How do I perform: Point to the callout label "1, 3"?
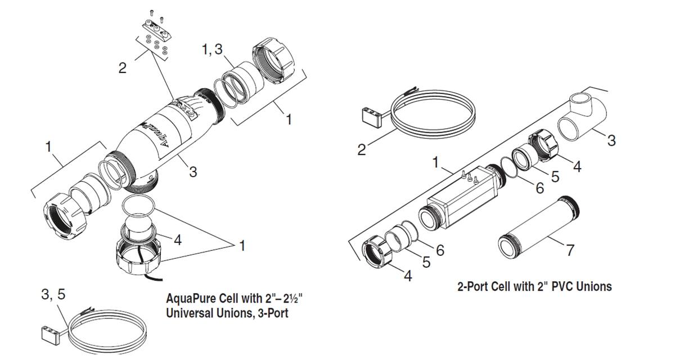[212, 49]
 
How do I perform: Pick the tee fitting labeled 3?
[582, 119]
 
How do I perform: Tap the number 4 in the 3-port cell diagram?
[178, 240]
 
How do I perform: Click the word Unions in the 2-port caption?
[592, 286]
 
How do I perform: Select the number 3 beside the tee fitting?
[611, 140]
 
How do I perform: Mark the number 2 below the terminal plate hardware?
[122, 68]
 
